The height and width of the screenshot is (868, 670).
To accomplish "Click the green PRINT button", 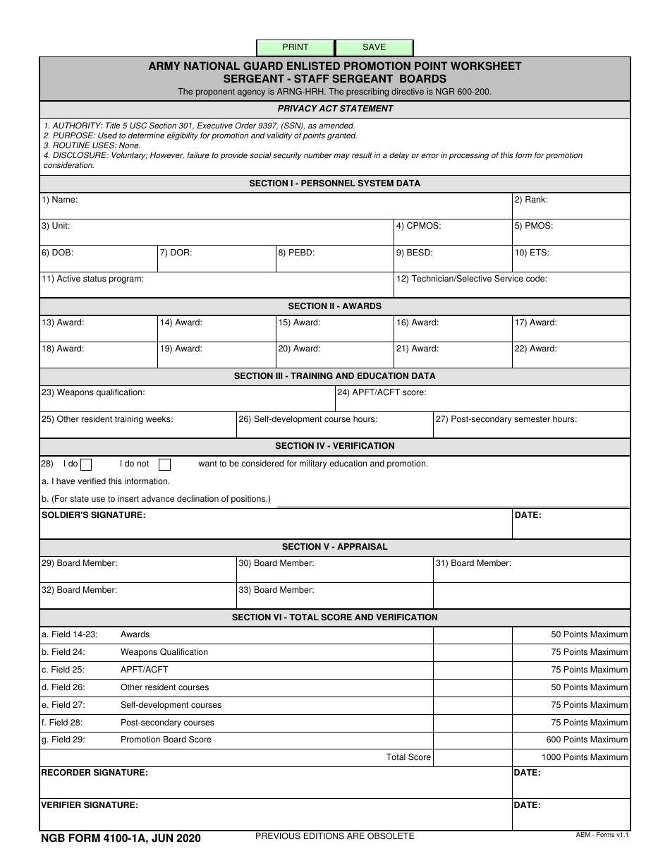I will [296, 47].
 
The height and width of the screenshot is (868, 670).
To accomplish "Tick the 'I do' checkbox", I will [86, 464].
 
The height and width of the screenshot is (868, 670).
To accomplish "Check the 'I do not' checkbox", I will [164, 464].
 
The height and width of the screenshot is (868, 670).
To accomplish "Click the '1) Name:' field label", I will [59, 200].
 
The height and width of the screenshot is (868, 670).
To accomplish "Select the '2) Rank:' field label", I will [530, 200].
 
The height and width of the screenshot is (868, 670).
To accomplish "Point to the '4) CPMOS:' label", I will [418, 226].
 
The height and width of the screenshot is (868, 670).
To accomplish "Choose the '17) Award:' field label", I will [535, 323].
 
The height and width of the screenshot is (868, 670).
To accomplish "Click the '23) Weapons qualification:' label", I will [93, 392].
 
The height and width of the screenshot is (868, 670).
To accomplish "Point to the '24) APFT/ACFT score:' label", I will [381, 392].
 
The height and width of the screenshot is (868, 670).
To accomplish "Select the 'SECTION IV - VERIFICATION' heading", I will [334, 446].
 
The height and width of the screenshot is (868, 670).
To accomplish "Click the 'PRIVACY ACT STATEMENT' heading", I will [335, 109].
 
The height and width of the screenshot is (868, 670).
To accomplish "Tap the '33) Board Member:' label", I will [276, 590].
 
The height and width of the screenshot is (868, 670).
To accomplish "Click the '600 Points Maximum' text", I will [587, 740].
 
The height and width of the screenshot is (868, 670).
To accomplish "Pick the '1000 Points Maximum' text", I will [584, 757].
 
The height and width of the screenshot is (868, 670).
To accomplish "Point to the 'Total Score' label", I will [408, 757].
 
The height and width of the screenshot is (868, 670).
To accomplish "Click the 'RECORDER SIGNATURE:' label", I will [95, 773].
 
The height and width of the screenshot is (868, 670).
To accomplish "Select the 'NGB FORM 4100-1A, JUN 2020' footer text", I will [121, 838].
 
